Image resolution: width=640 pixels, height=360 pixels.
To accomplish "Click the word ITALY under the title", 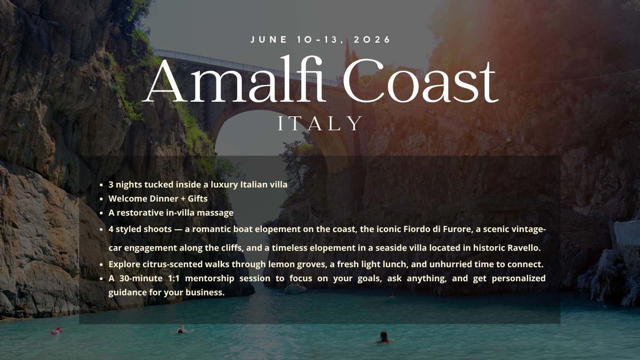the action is pyautogui.click(x=320, y=123).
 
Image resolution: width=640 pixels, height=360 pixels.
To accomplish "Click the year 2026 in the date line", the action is pyautogui.click(x=372, y=39).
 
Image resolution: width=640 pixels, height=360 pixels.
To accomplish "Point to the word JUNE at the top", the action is pyautogui.click(x=268, y=39).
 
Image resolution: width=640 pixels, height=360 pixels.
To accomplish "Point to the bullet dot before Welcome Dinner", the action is pyautogui.click(x=101, y=199).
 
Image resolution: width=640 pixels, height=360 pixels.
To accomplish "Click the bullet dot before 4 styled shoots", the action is pyautogui.click(x=101, y=230).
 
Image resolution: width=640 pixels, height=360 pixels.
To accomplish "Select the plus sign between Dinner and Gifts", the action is pyautogui.click(x=183, y=199).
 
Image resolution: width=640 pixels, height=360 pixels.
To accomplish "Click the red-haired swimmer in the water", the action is pyautogui.click(x=383, y=337).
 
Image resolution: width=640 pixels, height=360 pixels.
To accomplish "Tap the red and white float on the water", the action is pyautogui.click(x=56, y=330).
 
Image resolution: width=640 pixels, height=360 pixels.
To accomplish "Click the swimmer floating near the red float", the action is pyautogui.click(x=181, y=330).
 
